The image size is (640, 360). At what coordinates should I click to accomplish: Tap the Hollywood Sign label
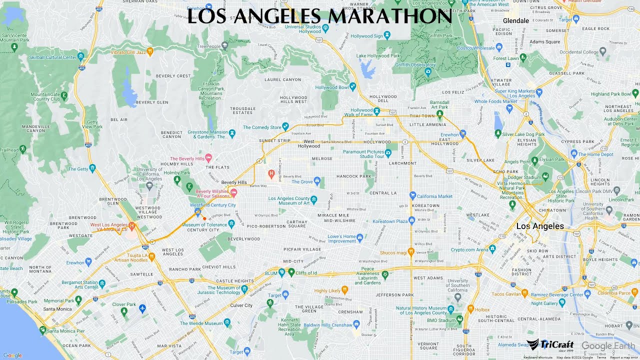(x=366, y=36)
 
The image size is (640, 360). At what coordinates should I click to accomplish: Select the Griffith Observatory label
(x=415, y=64)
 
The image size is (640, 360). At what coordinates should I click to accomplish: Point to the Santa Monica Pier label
(x=65, y=331)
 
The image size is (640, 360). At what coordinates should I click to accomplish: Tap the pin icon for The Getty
(x=92, y=167)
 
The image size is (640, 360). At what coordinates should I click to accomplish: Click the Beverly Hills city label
(x=234, y=182)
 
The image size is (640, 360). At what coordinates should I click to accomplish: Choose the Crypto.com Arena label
(x=469, y=249)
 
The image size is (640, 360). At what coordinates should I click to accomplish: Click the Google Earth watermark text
(x=608, y=346)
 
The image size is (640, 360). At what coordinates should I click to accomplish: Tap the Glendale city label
(x=515, y=21)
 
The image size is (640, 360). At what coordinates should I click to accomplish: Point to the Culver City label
(x=241, y=305)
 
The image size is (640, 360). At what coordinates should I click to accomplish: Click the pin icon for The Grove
(x=317, y=180)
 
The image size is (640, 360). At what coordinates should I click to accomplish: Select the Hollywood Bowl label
(x=331, y=87)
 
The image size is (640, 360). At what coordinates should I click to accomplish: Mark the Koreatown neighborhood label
(x=426, y=205)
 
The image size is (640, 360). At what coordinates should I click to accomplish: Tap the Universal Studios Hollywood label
(x=302, y=28)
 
